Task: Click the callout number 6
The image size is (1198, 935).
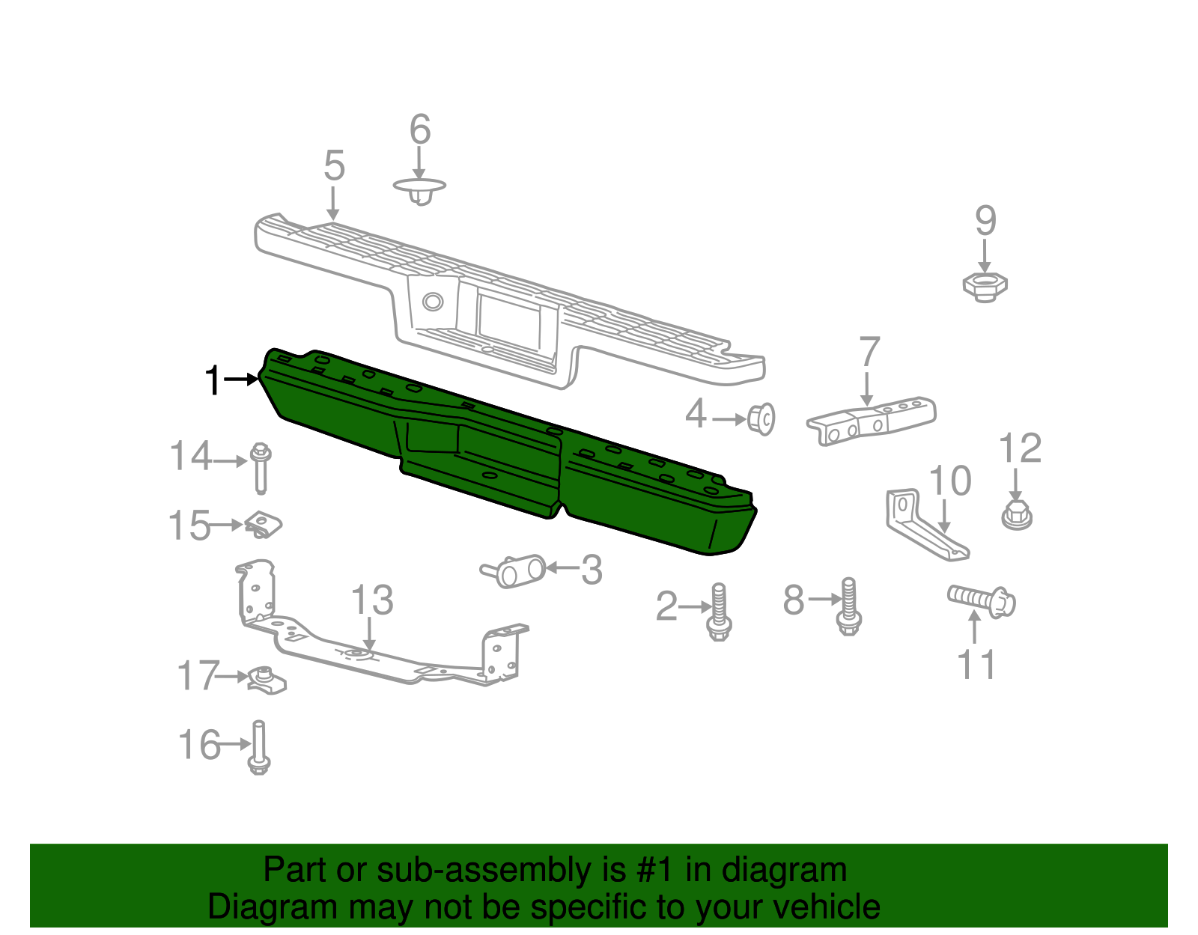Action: click(x=420, y=130)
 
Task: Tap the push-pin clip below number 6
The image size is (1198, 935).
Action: click(x=420, y=190)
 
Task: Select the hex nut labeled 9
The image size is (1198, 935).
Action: click(x=985, y=285)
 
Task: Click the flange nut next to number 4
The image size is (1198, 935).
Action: click(x=761, y=418)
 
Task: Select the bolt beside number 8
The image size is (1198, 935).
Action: click(x=848, y=606)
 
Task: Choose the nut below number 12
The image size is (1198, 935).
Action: click(x=1016, y=515)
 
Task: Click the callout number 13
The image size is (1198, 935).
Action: click(x=372, y=600)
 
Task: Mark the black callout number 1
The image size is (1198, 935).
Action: click(x=213, y=380)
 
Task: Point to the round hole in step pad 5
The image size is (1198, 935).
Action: click(x=433, y=302)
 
